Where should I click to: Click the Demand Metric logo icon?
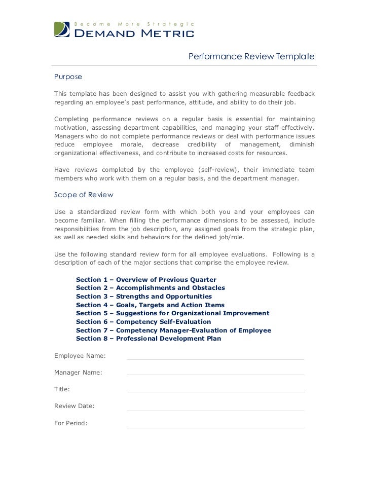(62, 29)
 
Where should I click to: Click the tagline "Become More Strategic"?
(134, 24)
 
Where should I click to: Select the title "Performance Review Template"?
(251, 56)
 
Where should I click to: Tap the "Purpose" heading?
(68, 77)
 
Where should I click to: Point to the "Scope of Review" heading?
(84, 195)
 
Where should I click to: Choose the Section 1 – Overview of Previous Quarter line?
(146, 280)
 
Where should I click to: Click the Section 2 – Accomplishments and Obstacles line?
(150, 288)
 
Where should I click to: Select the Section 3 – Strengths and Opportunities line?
(143, 297)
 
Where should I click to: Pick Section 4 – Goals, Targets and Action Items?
(150, 305)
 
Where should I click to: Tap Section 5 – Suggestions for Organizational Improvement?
(172, 313)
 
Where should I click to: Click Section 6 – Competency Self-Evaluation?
(143, 322)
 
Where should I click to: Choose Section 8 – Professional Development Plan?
(148, 339)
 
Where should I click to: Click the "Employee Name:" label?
(80, 356)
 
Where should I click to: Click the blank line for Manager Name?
(215, 374)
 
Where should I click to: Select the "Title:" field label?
(62, 389)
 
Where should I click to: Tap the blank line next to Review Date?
(215, 410)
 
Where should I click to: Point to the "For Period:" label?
(71, 423)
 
